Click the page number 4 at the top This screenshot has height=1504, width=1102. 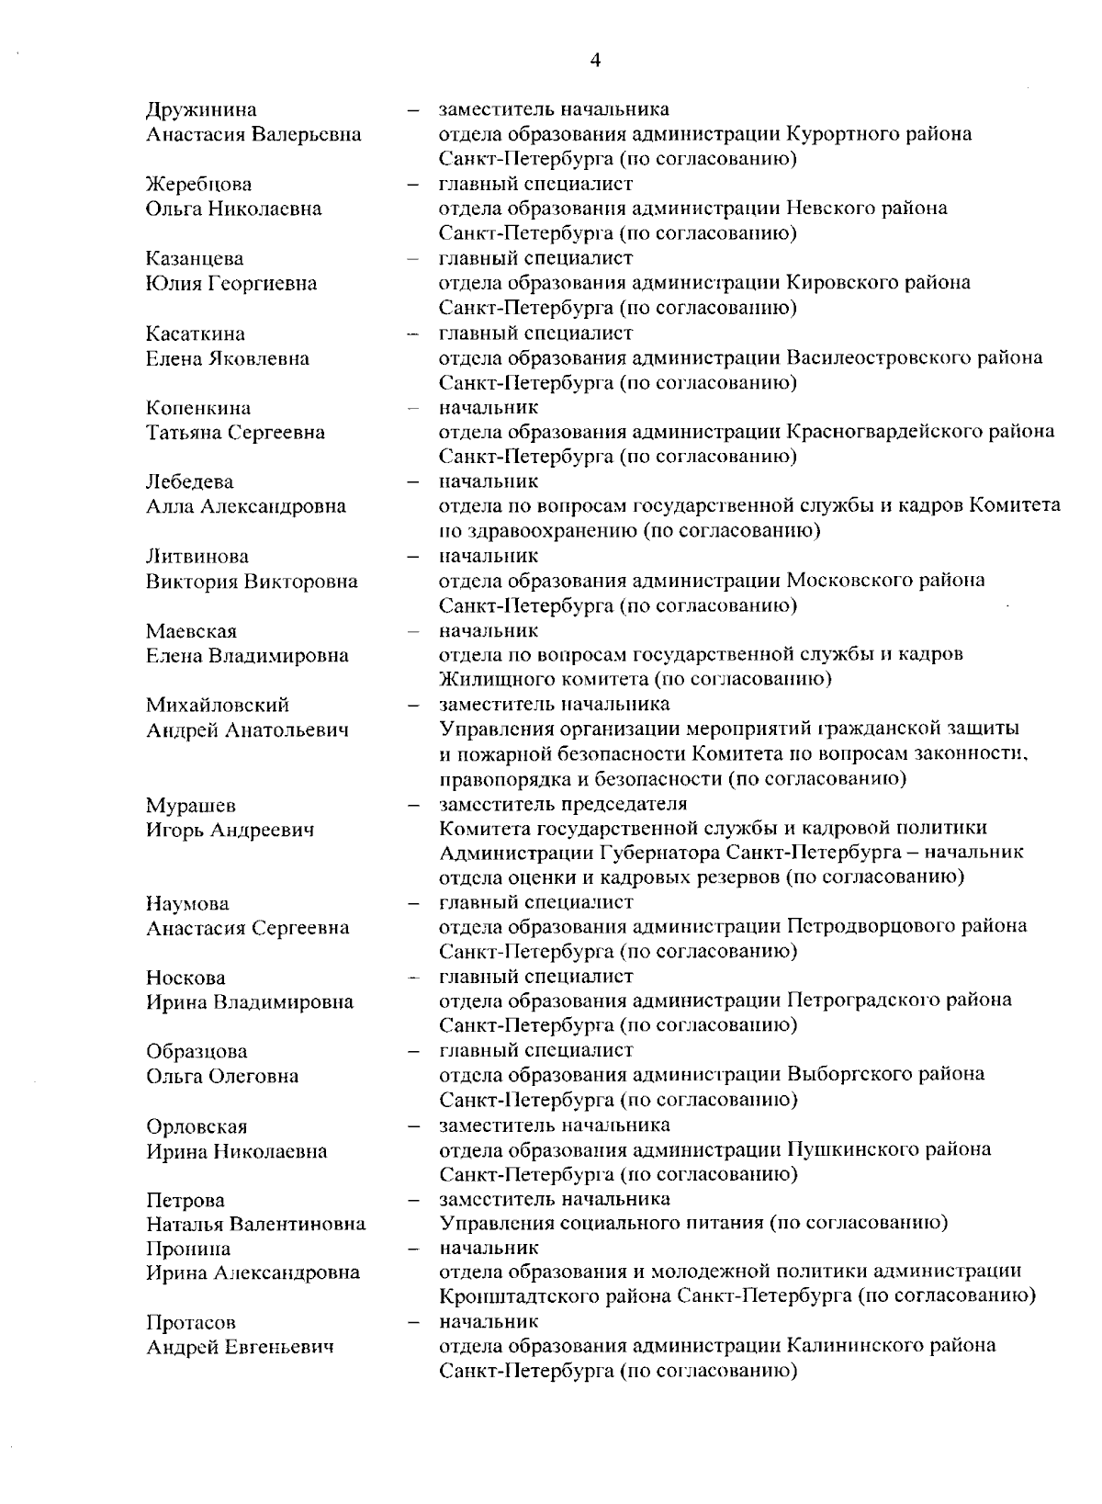[x=595, y=61]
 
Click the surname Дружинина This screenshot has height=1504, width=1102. [x=201, y=110]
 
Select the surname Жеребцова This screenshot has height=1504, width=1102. [x=198, y=185]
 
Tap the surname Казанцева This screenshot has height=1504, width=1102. [x=195, y=259]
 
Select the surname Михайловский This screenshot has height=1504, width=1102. [x=218, y=705]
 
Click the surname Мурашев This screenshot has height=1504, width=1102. [x=191, y=806]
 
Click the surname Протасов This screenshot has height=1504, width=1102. [x=191, y=1323]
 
